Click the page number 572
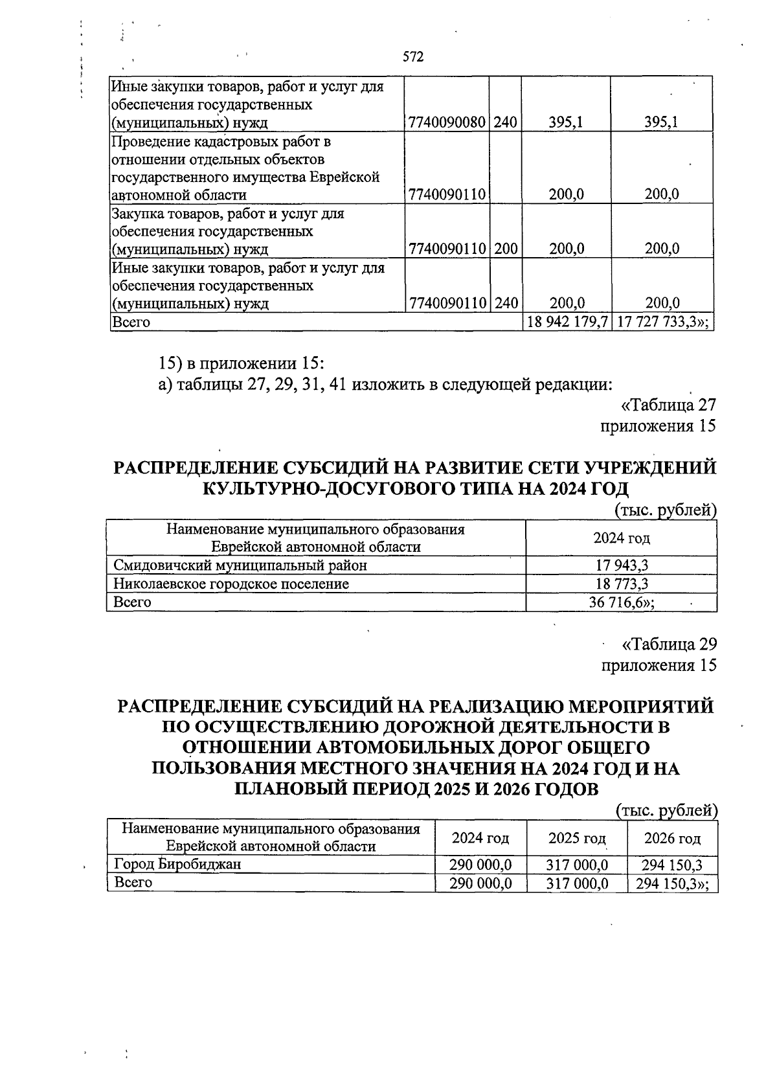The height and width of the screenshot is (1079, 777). (412, 57)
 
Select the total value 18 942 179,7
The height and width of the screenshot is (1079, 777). (567, 322)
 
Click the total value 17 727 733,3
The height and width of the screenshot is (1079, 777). (661, 322)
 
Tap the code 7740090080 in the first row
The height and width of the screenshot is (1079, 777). (447, 122)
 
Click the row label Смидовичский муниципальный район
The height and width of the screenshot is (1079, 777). (240, 565)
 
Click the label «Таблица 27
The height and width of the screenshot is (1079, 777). (668, 405)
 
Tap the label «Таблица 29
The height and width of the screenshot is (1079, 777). (668, 644)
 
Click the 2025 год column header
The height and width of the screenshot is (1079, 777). (576, 838)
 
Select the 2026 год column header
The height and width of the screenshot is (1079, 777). (672, 838)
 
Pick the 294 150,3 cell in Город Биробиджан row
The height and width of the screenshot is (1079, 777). (672, 865)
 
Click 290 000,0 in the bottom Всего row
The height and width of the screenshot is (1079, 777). (481, 883)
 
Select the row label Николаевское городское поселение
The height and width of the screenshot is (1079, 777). (231, 584)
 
